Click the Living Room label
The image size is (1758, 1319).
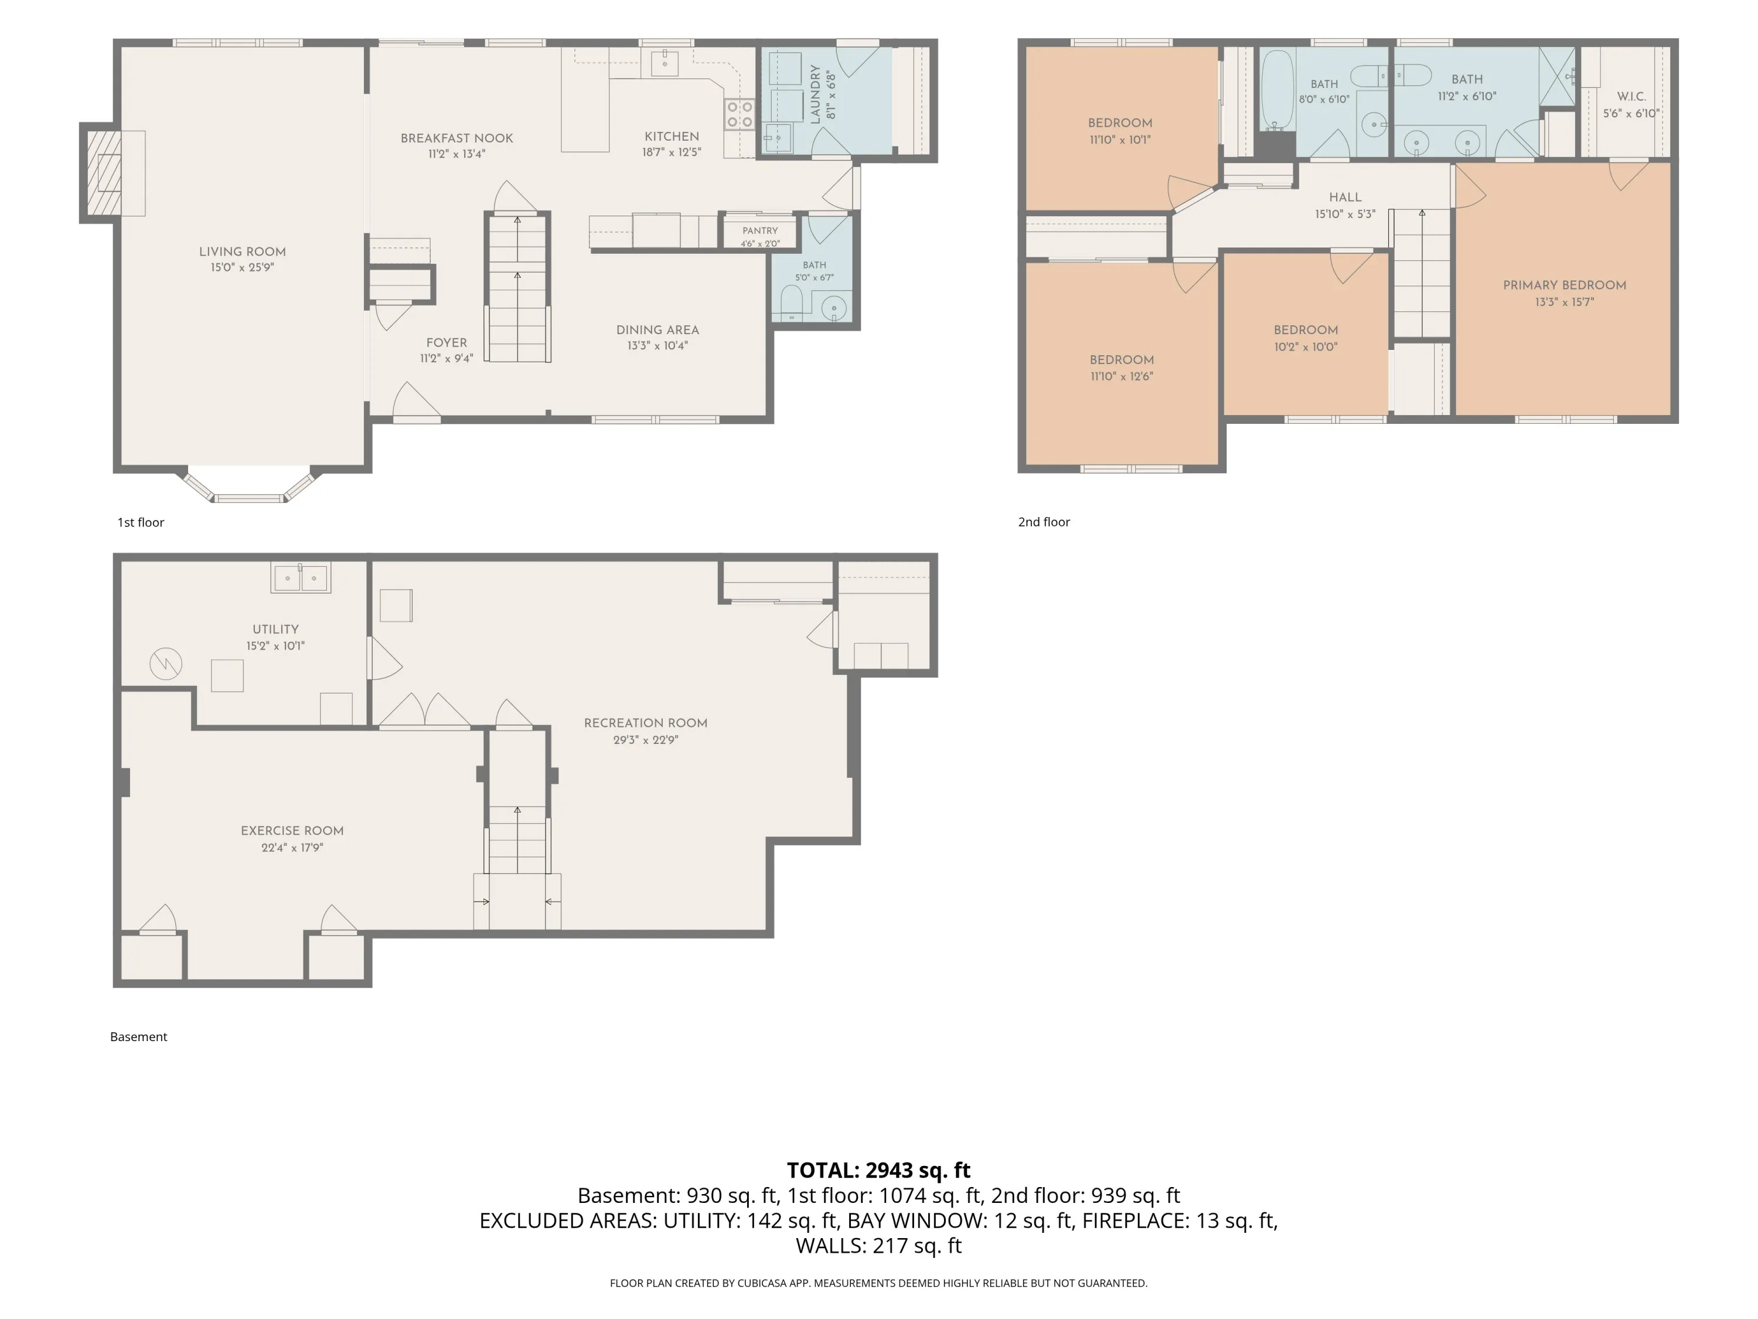pyautogui.click(x=243, y=251)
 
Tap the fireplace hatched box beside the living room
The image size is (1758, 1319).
pyautogui.click(x=104, y=172)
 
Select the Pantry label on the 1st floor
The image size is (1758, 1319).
pyautogui.click(x=761, y=230)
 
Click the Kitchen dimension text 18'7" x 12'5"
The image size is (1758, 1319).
pyautogui.click(x=672, y=152)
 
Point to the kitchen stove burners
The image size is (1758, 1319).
pyautogui.click(x=739, y=114)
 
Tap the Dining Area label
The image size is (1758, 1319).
pyautogui.click(x=657, y=329)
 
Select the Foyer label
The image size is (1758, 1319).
pyautogui.click(x=447, y=343)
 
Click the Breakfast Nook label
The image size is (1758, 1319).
pyautogui.click(x=457, y=138)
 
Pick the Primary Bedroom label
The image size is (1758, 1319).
pyautogui.click(x=1565, y=285)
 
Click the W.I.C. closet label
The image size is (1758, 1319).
pyautogui.click(x=1631, y=96)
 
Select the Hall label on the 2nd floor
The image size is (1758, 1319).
pyautogui.click(x=1345, y=197)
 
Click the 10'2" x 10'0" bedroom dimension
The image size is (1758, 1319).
pyautogui.click(x=1306, y=346)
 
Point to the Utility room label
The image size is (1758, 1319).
pyautogui.click(x=276, y=629)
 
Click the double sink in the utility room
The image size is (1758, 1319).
pyautogui.click(x=301, y=578)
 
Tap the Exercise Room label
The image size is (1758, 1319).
pyautogui.click(x=292, y=831)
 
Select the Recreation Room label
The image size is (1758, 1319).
pyautogui.click(x=645, y=723)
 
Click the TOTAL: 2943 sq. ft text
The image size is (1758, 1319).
pyautogui.click(x=878, y=1170)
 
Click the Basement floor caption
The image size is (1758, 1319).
pyautogui.click(x=138, y=1037)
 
